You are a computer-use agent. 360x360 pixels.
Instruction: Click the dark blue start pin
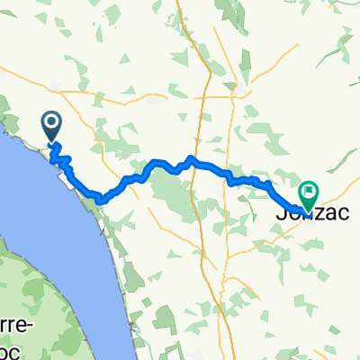click(51, 124)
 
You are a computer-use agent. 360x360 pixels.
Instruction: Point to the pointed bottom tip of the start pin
click(51, 142)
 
